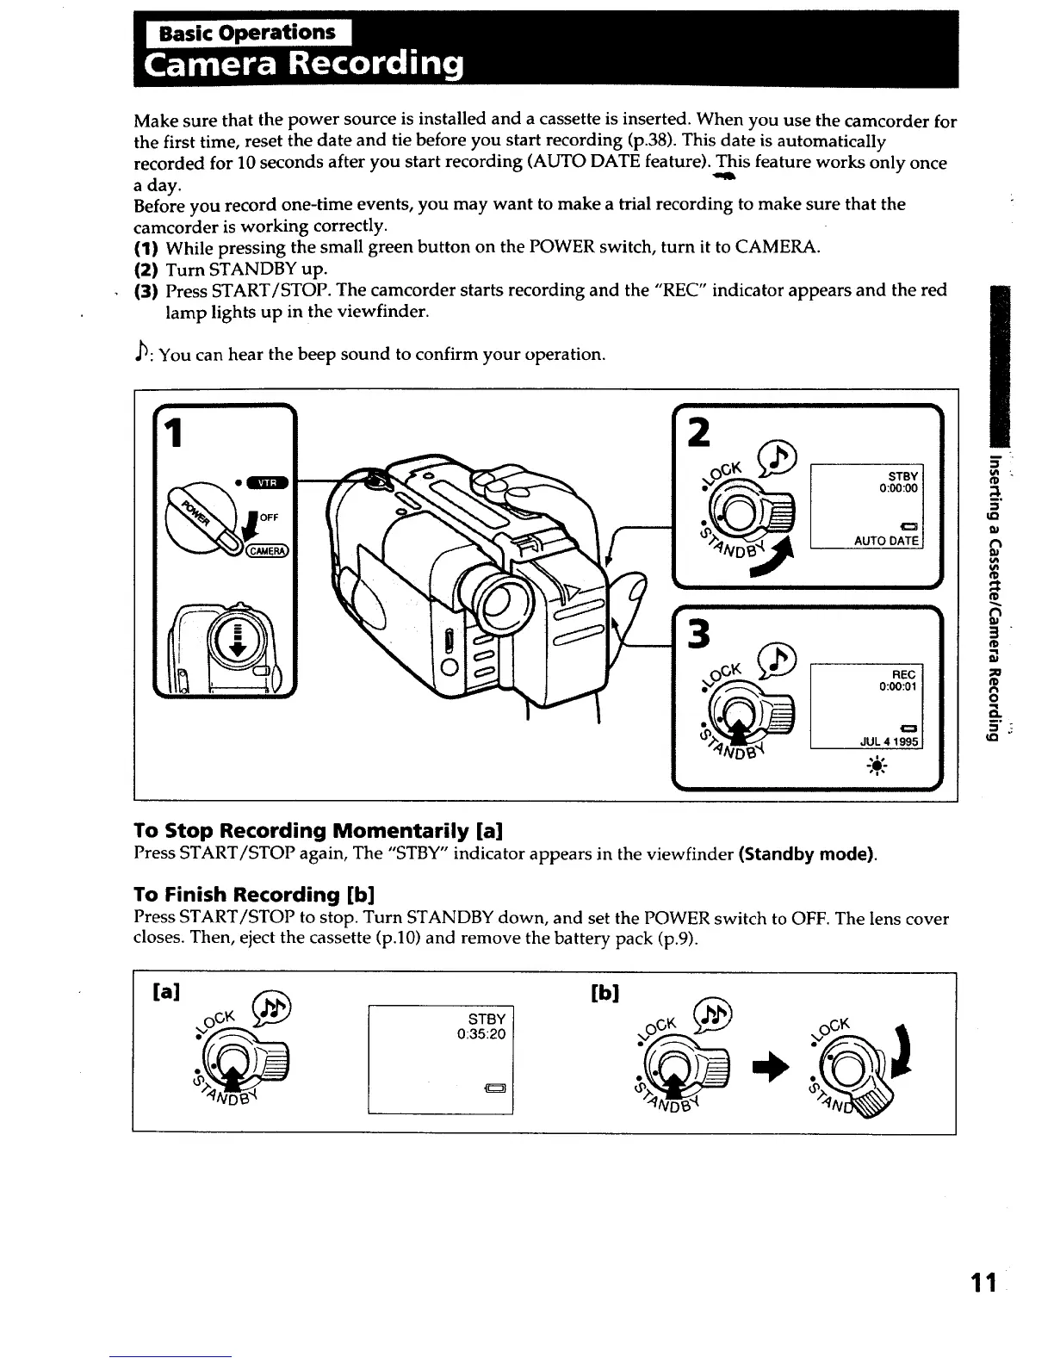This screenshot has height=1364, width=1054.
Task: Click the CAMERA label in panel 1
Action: pyautogui.click(x=269, y=551)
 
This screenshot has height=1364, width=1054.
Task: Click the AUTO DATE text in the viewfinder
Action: pyautogui.click(x=886, y=541)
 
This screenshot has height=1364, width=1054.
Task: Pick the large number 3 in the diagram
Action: pyautogui.click(x=697, y=635)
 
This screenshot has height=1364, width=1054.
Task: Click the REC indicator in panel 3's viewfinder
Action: pyautogui.click(x=903, y=675)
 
